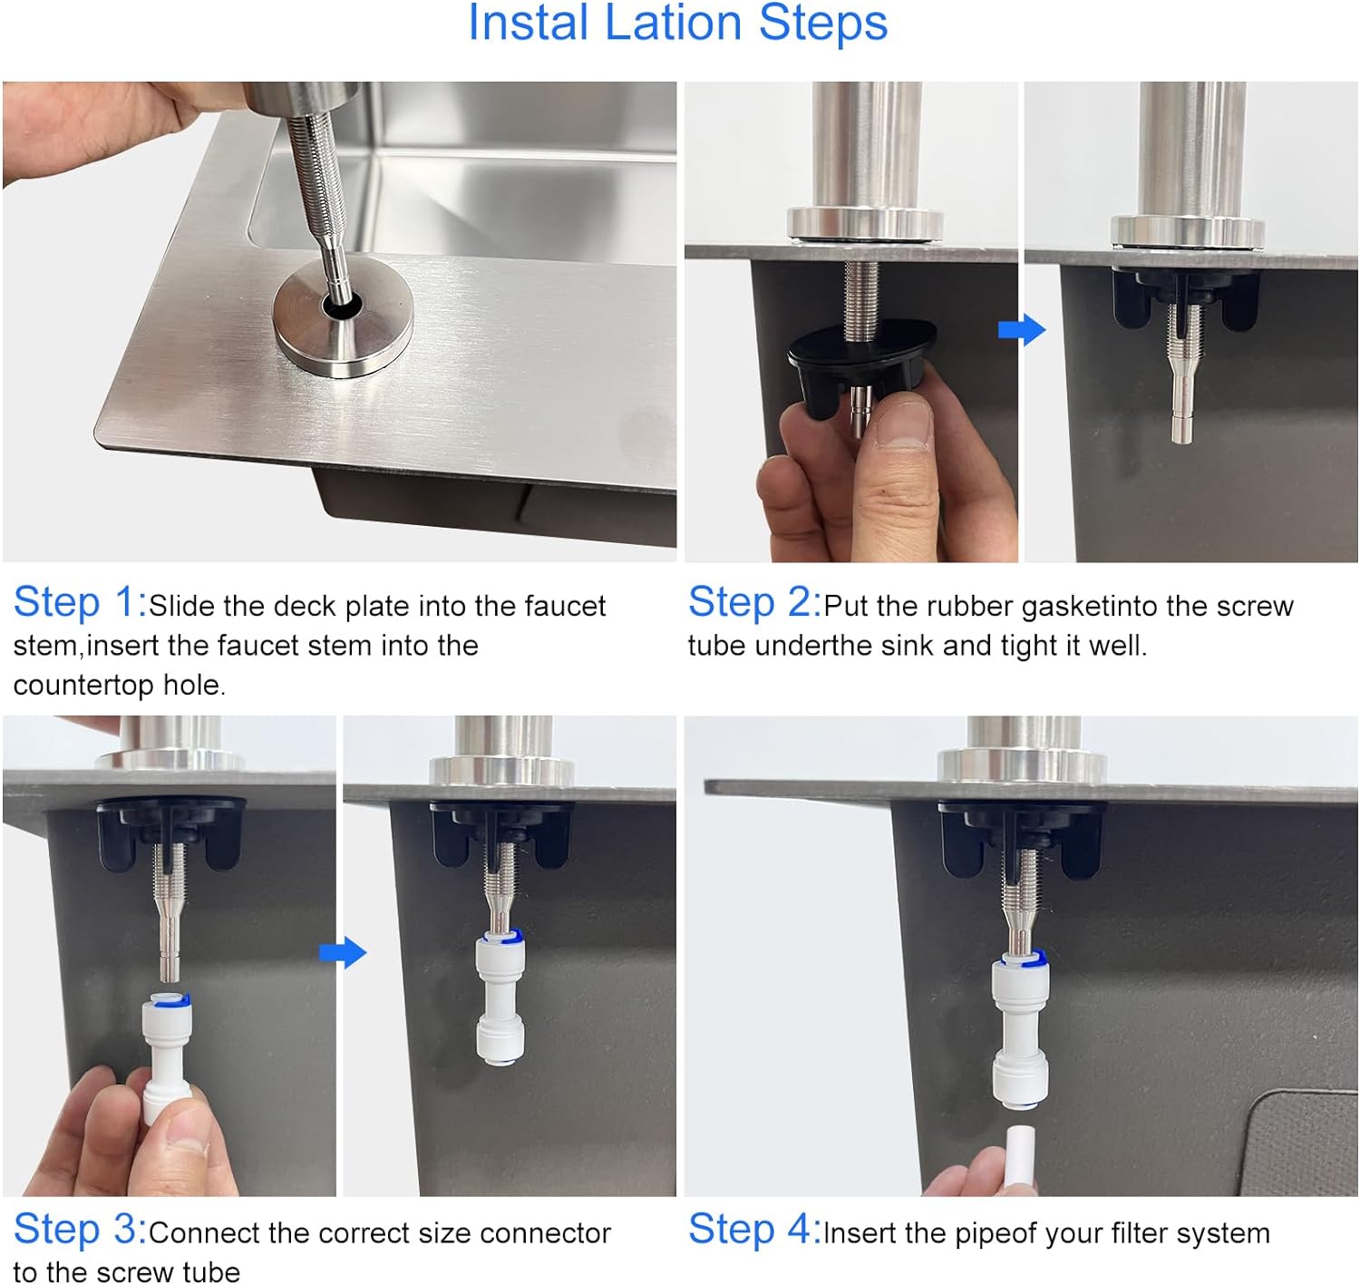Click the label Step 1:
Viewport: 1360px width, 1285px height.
80,603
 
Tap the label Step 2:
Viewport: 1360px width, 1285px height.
754,603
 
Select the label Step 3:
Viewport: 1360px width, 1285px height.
80,1228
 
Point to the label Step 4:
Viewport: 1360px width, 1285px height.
754,1228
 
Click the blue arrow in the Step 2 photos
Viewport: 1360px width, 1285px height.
1022,330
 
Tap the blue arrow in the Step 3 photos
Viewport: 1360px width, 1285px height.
343,952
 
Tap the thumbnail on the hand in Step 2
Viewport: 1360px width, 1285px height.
904,422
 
